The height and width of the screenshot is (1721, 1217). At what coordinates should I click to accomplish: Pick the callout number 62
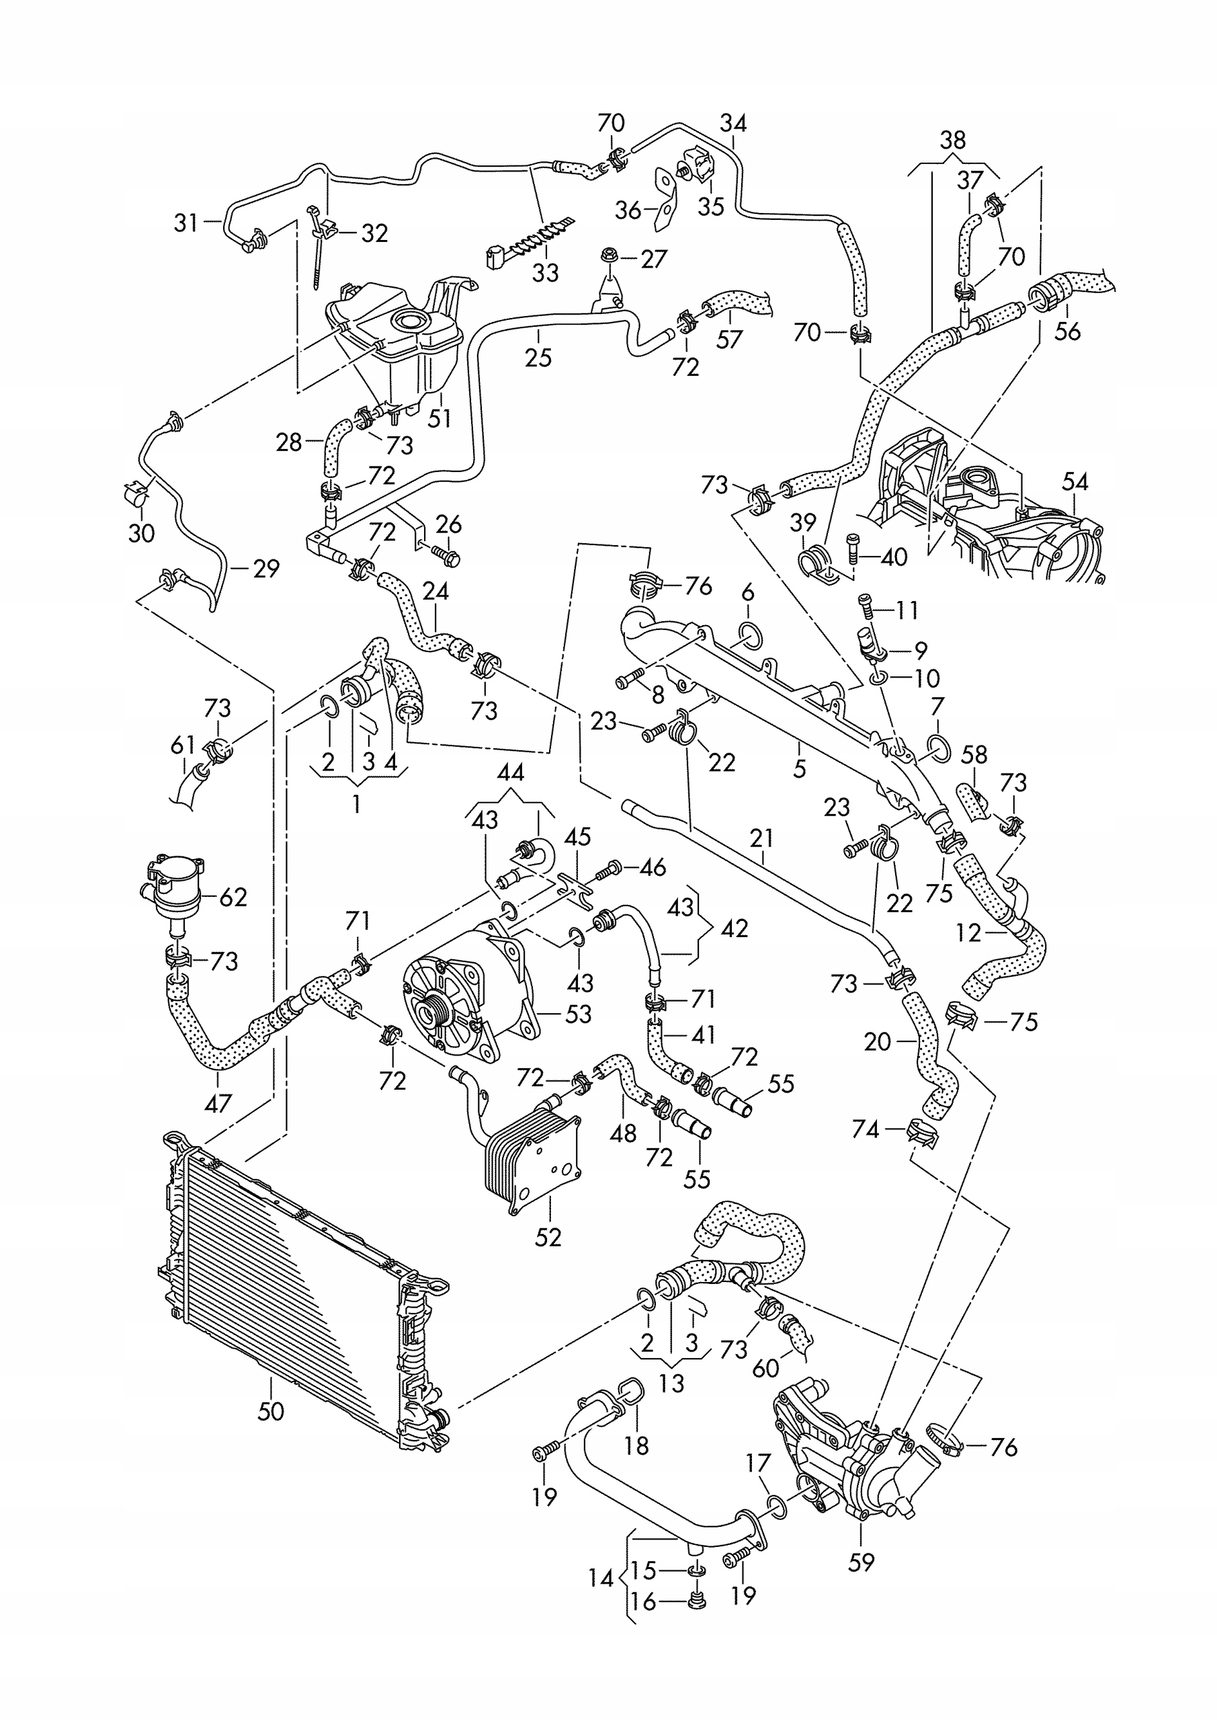(233, 897)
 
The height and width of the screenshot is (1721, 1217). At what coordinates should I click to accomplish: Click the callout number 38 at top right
(953, 141)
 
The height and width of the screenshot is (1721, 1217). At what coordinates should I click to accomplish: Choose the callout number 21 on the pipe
(762, 838)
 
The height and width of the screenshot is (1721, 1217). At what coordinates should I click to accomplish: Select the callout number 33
(546, 272)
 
